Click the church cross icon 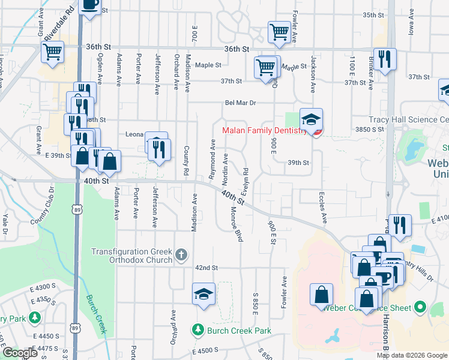[181, 256]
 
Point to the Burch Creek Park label [239, 330]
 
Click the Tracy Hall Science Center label [408, 119]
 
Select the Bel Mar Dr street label [241, 103]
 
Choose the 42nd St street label [205, 268]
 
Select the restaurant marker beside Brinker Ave [385, 59]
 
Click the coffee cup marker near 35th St [90, 5]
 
